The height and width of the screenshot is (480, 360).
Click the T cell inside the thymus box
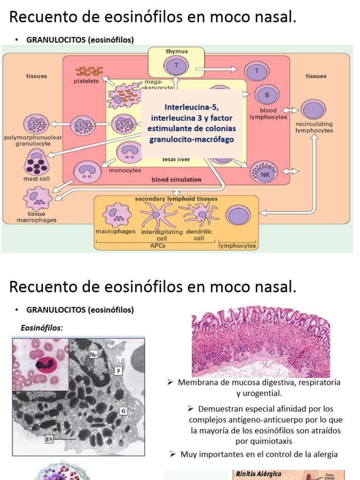tap(176, 66)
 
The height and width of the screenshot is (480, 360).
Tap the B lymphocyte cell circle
tap(267, 96)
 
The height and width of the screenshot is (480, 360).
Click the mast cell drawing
tap(38, 162)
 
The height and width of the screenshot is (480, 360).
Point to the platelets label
tap(86, 81)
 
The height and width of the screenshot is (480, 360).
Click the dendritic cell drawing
tap(202, 213)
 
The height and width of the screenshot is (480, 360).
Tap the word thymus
tap(177, 51)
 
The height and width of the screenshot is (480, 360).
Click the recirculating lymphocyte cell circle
tap(314, 109)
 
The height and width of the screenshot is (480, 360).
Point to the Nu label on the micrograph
tap(93, 355)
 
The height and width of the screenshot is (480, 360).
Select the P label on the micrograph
tap(119, 371)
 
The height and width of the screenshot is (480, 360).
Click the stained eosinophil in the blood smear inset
tap(41, 363)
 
